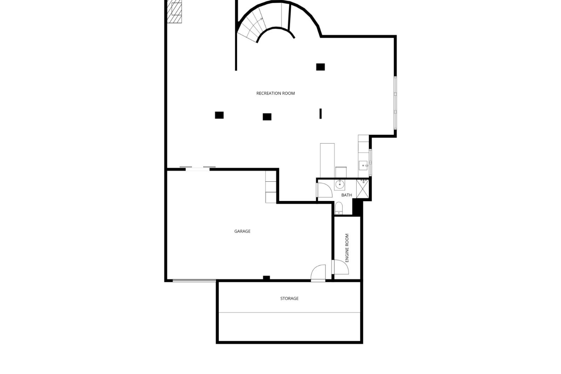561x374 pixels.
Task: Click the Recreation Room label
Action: click(x=276, y=93)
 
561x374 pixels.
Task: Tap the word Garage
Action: click(x=242, y=231)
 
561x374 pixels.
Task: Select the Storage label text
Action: click(x=289, y=299)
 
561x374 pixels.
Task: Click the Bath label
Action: click(x=347, y=195)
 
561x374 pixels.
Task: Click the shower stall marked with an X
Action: click(x=363, y=189)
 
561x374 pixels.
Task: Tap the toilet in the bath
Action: click(x=339, y=207)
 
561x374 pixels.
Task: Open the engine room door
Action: click(x=341, y=267)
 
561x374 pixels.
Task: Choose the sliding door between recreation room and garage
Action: click(x=198, y=168)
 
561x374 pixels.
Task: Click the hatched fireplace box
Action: click(x=175, y=12)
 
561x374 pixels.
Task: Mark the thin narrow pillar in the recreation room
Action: click(x=321, y=114)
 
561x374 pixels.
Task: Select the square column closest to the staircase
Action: click(x=321, y=67)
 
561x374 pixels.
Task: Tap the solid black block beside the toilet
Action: click(x=358, y=207)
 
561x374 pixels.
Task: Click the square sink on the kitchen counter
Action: click(x=363, y=165)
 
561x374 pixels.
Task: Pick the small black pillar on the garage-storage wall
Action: click(x=266, y=278)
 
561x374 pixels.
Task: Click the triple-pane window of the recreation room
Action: click(x=395, y=103)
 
